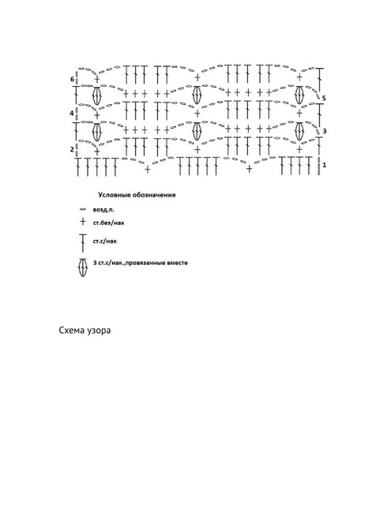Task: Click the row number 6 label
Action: click(72, 79)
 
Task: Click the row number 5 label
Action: click(324, 98)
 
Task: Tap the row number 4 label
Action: click(72, 114)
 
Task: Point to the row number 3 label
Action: click(325, 131)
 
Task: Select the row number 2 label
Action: click(72, 149)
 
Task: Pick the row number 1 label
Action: click(325, 165)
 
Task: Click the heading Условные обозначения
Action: click(137, 195)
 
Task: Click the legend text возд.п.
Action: click(103, 210)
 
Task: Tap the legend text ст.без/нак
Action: click(109, 223)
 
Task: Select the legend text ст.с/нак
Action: click(105, 241)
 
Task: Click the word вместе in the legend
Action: click(178, 263)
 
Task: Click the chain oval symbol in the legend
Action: click(83, 210)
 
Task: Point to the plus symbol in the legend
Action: click(83, 222)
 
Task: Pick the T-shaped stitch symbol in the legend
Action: click(83, 243)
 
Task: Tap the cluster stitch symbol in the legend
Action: click(83, 267)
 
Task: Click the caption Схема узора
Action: click(85, 331)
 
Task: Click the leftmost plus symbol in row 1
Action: click(147, 169)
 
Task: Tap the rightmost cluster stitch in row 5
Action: click(299, 95)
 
